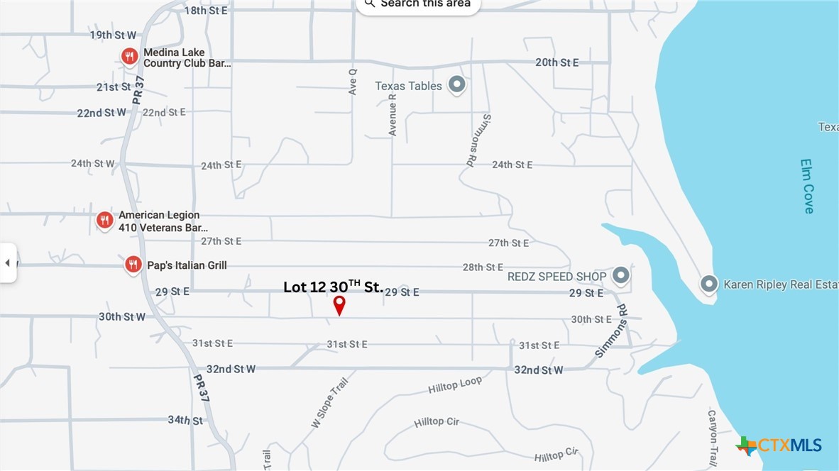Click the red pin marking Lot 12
coord(339,304)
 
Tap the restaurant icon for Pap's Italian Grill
coord(133,265)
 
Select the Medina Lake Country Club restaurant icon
coord(129,57)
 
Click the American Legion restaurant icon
coord(104,220)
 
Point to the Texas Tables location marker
coord(457,86)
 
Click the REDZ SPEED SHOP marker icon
coord(621,275)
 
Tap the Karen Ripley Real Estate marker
coord(708,284)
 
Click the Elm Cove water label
coord(807,186)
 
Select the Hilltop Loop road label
coord(455,385)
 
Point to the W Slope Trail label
coord(330,403)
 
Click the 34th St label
coord(185,420)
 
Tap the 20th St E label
coord(556,62)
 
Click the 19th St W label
coord(113,35)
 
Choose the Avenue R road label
coord(393,115)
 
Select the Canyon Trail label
coord(713,436)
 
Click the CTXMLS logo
coord(779,445)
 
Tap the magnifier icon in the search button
coord(369,4)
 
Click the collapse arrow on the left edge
coord(7,263)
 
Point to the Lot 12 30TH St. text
coord(334,287)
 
